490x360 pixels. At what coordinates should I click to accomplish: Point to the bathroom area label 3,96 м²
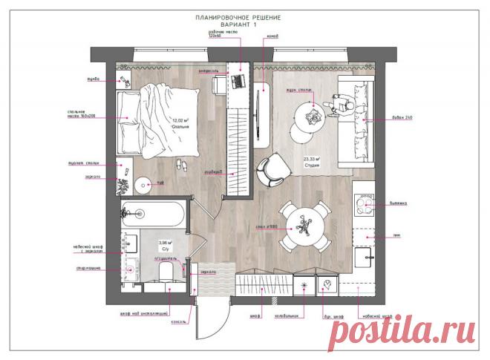(166, 243)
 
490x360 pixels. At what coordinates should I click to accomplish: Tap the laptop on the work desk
(240, 81)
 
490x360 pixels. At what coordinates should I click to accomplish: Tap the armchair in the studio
(272, 169)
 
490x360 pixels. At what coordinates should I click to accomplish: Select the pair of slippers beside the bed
(180, 165)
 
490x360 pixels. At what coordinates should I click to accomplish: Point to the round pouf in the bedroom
(143, 183)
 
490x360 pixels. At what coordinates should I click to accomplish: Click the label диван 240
(404, 118)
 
